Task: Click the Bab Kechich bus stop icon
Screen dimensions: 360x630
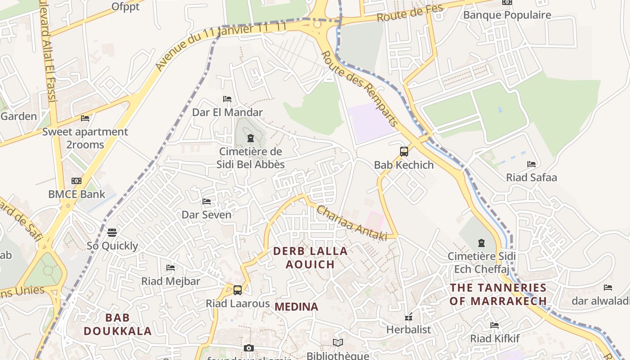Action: click(404, 151)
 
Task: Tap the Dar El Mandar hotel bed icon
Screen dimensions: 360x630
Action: click(227, 99)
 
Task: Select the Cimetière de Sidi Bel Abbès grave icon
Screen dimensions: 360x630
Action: click(251, 138)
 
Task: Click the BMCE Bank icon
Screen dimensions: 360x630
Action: click(76, 181)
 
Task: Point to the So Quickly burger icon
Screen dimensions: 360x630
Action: click(112, 232)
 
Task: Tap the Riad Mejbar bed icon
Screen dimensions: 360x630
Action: click(171, 268)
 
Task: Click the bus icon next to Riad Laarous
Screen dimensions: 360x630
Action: click(238, 290)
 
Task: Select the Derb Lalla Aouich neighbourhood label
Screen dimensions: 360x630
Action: click(310, 258)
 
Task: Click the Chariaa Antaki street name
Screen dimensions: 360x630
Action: click(352, 223)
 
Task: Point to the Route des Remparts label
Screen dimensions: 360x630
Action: click(360, 88)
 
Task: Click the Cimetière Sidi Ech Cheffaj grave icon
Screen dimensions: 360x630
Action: click(481, 243)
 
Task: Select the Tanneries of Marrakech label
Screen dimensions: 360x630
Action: click(498, 294)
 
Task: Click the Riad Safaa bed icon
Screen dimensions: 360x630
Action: click(531, 164)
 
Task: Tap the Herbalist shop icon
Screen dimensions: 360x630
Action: click(409, 317)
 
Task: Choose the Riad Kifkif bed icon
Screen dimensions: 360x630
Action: click(495, 325)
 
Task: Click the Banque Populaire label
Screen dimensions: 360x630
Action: click(507, 15)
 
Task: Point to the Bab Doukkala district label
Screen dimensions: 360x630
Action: click(118, 324)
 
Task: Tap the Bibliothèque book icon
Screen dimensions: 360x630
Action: click(338, 343)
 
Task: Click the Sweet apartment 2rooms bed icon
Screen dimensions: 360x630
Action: click(85, 118)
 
